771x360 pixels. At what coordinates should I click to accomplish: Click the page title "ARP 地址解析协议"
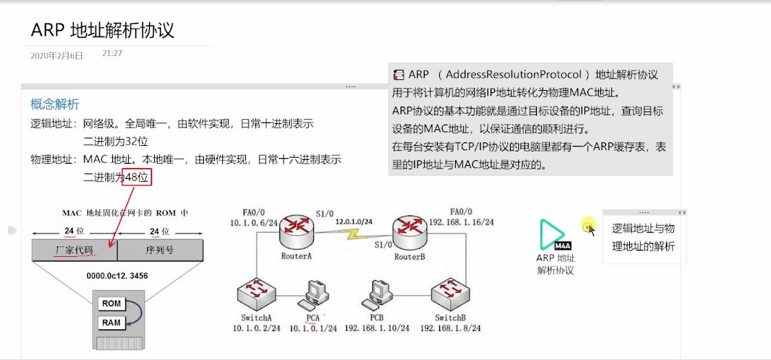pos(103,30)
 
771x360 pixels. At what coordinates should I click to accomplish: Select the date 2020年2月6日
pos(56,56)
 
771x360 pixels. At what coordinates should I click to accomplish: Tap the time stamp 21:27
pos(112,53)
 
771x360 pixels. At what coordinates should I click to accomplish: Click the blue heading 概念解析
pos(55,104)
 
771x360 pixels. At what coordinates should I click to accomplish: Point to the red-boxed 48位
pos(136,177)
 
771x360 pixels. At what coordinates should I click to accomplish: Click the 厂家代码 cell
pos(74,251)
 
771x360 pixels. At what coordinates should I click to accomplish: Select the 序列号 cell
pos(160,251)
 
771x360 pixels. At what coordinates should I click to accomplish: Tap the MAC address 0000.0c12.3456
pos(117,276)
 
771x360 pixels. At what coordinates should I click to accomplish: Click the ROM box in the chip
pos(112,304)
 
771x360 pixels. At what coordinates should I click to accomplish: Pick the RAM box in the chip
pos(112,322)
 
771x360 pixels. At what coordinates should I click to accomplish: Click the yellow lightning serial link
pos(356,234)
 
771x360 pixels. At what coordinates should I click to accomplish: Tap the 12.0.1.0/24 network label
pos(354,222)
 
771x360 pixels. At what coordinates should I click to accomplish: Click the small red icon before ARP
pos(399,74)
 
